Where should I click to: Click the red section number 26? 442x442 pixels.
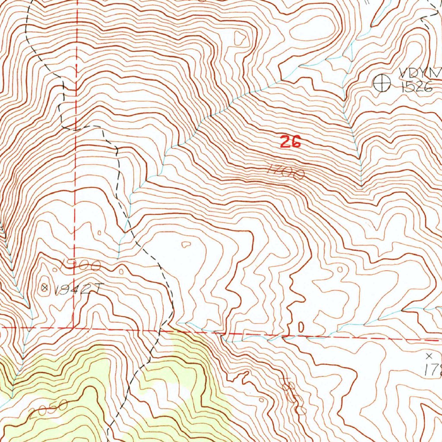click(x=290, y=142)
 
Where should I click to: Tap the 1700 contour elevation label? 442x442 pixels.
click(x=286, y=172)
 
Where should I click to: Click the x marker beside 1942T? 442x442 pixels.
click(x=44, y=287)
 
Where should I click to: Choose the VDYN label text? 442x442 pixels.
click(x=414, y=72)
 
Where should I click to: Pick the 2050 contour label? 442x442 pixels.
click(x=49, y=409)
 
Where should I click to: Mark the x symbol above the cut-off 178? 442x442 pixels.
click(x=429, y=356)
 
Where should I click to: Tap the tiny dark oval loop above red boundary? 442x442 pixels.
click(x=301, y=327)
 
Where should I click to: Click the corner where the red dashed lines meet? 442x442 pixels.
click(x=74, y=328)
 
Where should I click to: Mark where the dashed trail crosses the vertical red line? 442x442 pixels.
click(x=76, y=129)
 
